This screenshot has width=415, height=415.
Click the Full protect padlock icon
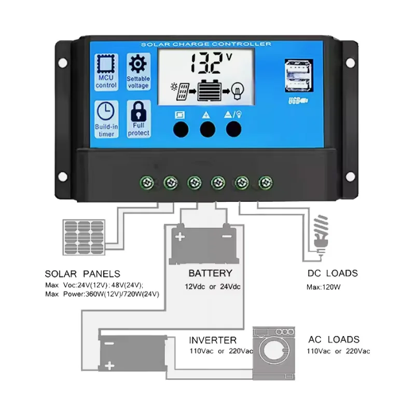click(138, 110)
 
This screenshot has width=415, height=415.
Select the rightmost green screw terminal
click(266, 182)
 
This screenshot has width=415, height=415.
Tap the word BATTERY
click(210, 273)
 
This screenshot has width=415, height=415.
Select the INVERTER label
click(213, 340)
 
